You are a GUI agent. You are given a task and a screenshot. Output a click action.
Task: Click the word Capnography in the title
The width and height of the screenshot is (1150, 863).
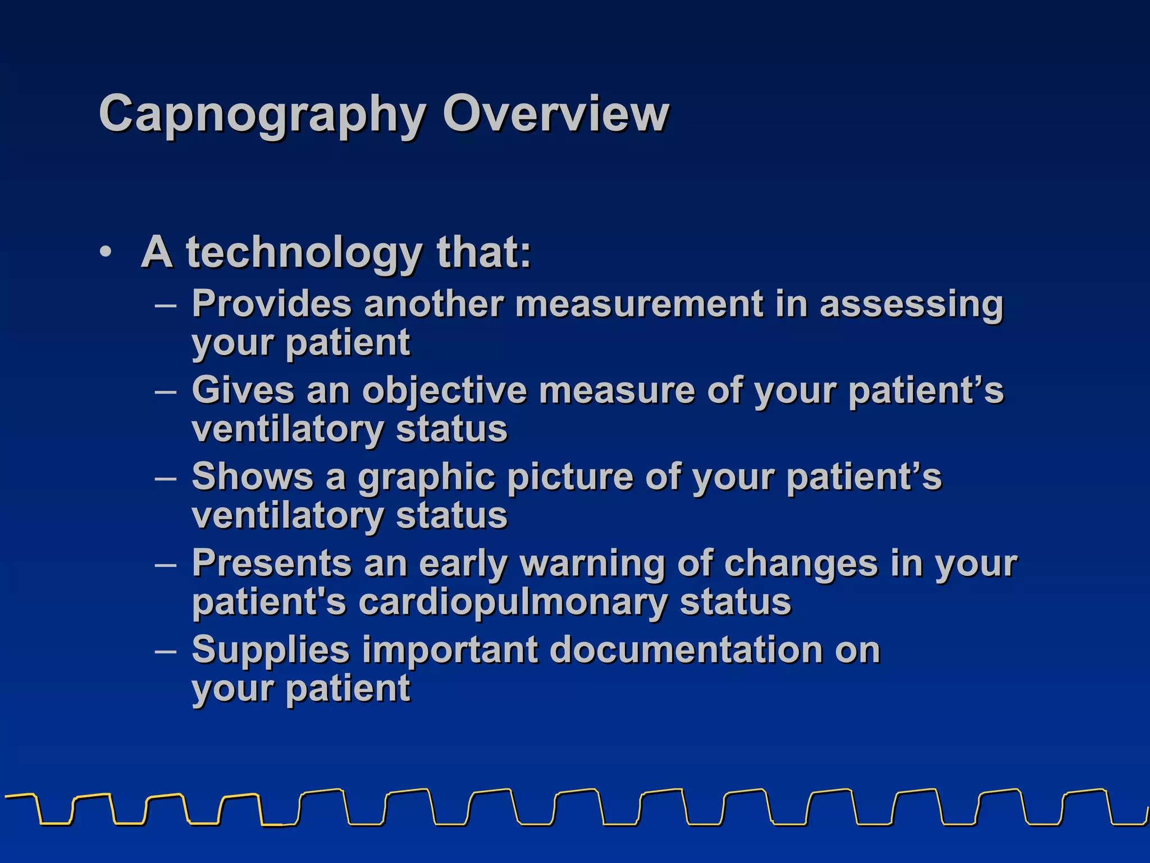click(x=262, y=115)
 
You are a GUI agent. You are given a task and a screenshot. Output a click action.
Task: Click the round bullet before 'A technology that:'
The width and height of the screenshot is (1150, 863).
click(x=106, y=252)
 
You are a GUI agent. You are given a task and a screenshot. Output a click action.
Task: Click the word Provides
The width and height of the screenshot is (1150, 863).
click(x=272, y=304)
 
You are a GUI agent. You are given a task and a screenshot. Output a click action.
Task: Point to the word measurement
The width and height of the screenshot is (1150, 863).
click(x=639, y=304)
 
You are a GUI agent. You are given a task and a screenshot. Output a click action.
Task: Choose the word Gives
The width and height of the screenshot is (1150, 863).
click(x=243, y=390)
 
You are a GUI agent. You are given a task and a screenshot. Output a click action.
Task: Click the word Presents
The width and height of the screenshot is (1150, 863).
click(x=272, y=564)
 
